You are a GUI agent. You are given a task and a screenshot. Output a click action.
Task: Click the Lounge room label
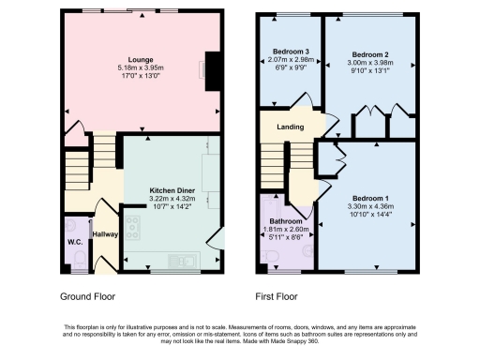(142, 58)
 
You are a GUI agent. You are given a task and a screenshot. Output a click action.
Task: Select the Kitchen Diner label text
(171, 191)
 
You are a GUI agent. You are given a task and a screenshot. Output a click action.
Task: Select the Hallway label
(103, 233)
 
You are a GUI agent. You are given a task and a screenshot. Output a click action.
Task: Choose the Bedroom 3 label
(291, 50)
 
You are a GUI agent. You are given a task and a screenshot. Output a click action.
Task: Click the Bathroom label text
(287, 222)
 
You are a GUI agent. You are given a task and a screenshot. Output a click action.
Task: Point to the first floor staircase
(277, 169)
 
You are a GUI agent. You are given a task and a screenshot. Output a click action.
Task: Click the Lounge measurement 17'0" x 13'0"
(142, 76)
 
